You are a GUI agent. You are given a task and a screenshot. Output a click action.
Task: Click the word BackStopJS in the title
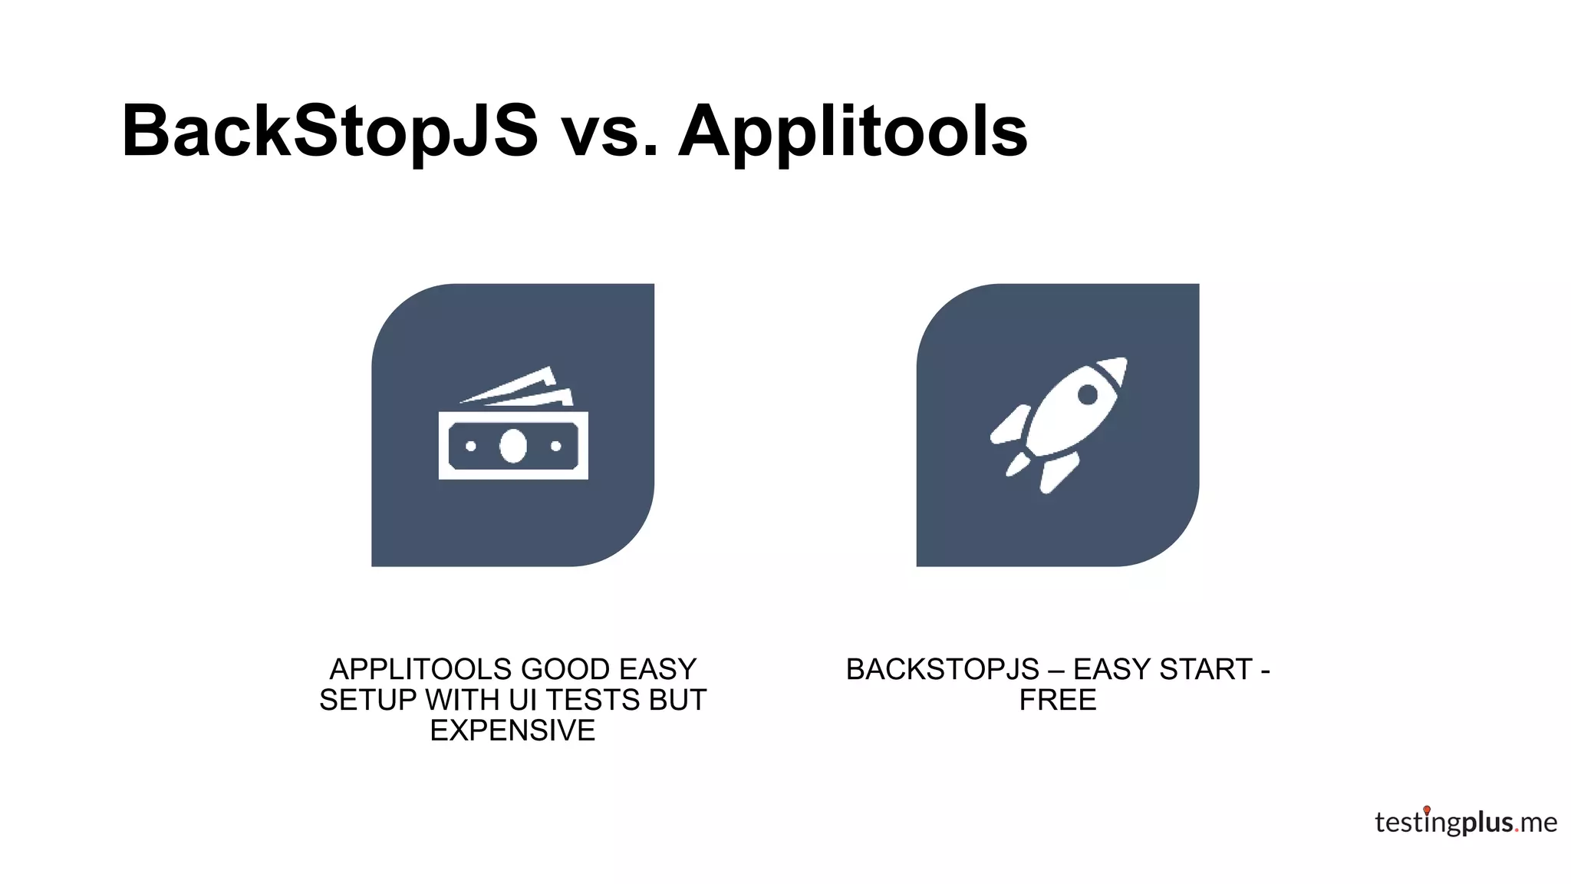[x=330, y=131]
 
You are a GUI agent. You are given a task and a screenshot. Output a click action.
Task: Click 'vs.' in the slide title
[x=610, y=131]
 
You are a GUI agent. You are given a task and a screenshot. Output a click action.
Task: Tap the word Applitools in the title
[x=852, y=131]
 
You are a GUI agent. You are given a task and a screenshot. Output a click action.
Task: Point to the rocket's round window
[x=1087, y=394]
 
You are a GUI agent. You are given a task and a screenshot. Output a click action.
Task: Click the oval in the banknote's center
[x=513, y=446]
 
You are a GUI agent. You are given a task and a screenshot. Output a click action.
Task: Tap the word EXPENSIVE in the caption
[x=512, y=731]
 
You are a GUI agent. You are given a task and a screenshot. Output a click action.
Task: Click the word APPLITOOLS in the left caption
[x=416, y=669]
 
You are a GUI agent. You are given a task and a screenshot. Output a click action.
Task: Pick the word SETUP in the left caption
[x=368, y=700]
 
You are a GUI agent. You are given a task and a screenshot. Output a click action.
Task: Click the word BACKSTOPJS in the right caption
[x=943, y=669]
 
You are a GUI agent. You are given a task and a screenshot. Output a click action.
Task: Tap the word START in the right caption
[x=1206, y=669]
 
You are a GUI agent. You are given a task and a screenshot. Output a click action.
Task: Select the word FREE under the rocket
[x=1058, y=700]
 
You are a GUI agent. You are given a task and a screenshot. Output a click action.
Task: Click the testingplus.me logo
[x=1465, y=823]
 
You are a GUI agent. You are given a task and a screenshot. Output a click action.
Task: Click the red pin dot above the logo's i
[x=1427, y=810]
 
